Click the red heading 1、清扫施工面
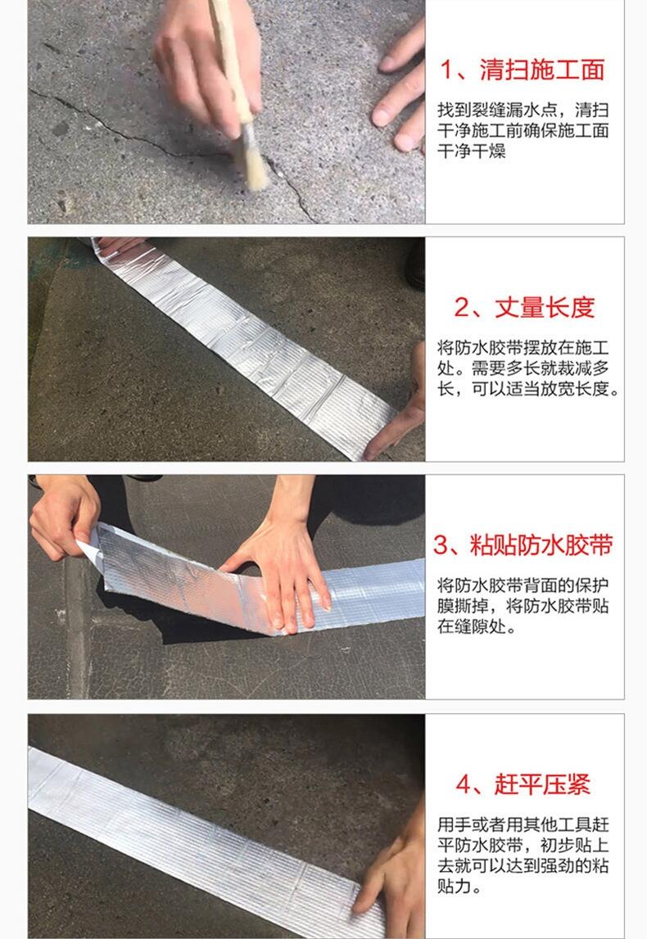[523, 70]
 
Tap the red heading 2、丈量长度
[524, 307]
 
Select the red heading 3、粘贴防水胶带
[523, 545]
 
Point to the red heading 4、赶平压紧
[523, 784]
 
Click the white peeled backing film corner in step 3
[88, 548]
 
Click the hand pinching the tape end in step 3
[64, 515]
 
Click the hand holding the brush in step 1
[206, 60]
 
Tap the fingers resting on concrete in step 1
[400, 90]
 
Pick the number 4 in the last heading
[463, 784]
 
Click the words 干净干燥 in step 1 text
[472, 151]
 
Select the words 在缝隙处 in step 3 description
[472, 626]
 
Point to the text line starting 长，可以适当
[527, 389]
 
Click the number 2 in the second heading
[462, 308]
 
